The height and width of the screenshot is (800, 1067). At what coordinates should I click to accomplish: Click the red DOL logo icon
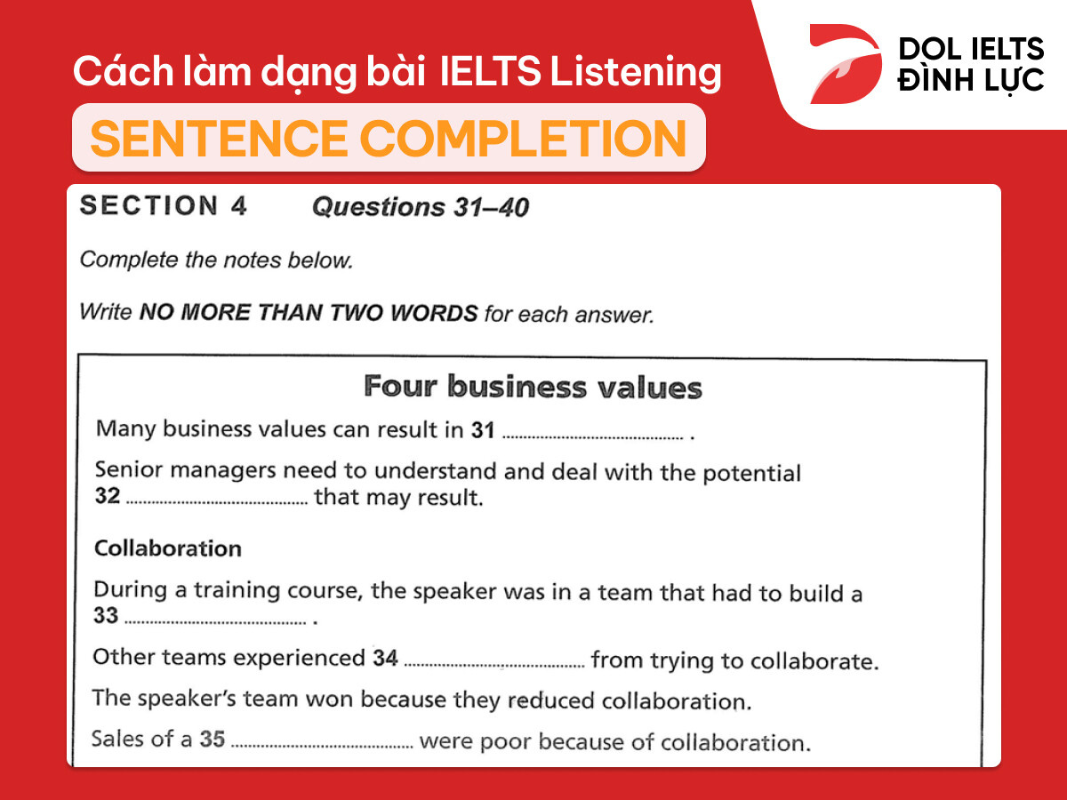pos(843,64)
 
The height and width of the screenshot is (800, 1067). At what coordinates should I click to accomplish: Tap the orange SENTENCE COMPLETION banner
pos(389,138)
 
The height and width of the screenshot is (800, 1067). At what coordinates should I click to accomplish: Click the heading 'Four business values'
pos(533,388)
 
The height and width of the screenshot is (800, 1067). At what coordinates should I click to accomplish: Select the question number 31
pos(483,430)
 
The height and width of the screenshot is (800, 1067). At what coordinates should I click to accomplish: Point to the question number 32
pos(107,497)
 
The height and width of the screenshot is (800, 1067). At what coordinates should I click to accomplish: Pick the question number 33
pos(106,616)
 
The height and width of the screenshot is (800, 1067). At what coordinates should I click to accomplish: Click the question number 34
pos(385,659)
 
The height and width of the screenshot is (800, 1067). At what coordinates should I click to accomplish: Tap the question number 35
pos(212,739)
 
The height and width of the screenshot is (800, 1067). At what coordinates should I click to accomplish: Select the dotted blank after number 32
pos(216,501)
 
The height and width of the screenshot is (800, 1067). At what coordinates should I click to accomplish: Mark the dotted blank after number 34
pos(494,664)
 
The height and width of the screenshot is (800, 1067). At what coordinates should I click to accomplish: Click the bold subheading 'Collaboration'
pos(168,548)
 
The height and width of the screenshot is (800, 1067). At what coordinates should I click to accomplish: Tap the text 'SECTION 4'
pos(164,206)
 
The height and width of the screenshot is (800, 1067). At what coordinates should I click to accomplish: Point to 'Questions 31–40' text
pos(420,208)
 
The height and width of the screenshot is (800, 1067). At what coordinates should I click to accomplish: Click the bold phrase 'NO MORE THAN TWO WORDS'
pos(309,313)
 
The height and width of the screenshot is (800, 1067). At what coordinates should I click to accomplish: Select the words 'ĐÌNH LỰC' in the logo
pos(971,81)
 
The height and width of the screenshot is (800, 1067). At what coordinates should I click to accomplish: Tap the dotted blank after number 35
pos(322,744)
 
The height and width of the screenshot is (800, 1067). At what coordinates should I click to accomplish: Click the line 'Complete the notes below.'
pos(216,260)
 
